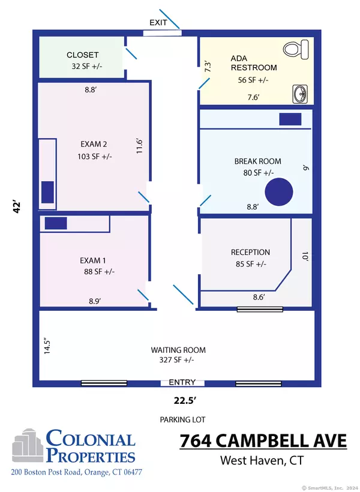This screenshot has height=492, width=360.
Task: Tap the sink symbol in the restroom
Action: pyautogui.click(x=299, y=93)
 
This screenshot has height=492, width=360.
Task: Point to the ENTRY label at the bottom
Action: pyautogui.click(x=182, y=382)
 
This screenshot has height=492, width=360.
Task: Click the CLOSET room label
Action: pyautogui.click(x=83, y=55)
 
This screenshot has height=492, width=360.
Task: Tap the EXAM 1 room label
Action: pyautogui.click(x=93, y=260)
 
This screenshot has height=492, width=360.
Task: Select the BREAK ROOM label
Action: pyautogui.click(x=257, y=161)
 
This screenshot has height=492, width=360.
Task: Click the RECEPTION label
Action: pyautogui.click(x=250, y=253)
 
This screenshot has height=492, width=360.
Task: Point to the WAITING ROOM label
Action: pyautogui.click(x=178, y=350)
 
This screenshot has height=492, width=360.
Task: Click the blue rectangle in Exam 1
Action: pyautogui.click(x=56, y=223)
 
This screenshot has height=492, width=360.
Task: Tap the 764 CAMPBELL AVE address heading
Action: pyautogui.click(x=263, y=441)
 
